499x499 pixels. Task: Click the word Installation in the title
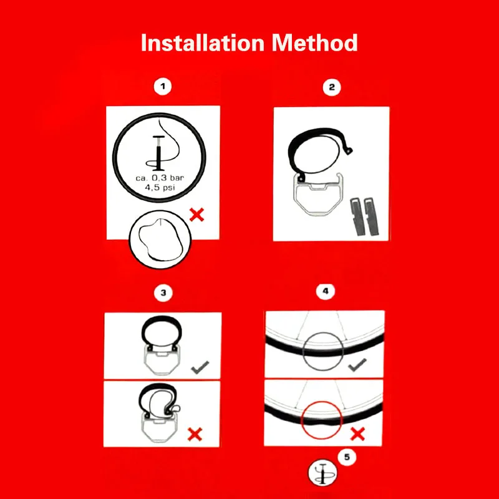pyautogui.click(x=202, y=42)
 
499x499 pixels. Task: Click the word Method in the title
pyautogui.click(x=315, y=42)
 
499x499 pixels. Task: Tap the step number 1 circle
pyautogui.click(x=163, y=86)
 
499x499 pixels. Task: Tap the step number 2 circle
pyautogui.click(x=332, y=87)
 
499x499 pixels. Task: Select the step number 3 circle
pyautogui.click(x=163, y=293)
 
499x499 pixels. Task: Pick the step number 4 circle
pyautogui.click(x=325, y=291)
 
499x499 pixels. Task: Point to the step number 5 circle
pyautogui.click(x=347, y=457)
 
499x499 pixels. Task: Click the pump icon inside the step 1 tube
pyautogui.click(x=158, y=153)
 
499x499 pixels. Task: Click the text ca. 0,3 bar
pyautogui.click(x=160, y=178)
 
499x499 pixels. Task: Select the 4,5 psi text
pyautogui.click(x=160, y=188)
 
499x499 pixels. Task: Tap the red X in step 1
pyautogui.click(x=196, y=215)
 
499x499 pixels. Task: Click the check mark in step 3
pyautogui.click(x=200, y=367)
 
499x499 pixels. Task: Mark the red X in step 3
pyautogui.click(x=195, y=434)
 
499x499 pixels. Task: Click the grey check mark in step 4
pyautogui.click(x=357, y=365)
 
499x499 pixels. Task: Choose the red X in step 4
pyautogui.click(x=357, y=434)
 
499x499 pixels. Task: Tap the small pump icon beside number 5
pyautogui.click(x=322, y=473)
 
